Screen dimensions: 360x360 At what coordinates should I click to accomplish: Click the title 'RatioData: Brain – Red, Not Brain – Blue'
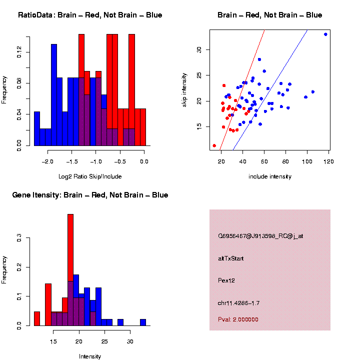(90, 15)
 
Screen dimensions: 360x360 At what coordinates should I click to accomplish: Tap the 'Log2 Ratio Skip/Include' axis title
(90, 176)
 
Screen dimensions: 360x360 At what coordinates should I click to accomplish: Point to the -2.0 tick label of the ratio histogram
(48, 161)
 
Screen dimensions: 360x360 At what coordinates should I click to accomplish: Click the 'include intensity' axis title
(270, 176)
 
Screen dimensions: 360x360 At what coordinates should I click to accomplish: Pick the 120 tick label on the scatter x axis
(329, 161)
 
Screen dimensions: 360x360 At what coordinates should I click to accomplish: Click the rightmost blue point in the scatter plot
(325, 34)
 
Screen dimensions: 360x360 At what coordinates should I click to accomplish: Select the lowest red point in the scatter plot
(214, 145)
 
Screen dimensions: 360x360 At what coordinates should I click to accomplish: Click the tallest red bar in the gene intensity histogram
(70, 250)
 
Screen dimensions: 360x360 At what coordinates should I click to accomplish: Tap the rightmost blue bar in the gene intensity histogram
(143, 322)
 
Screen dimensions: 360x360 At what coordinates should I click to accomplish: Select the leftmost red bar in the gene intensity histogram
(37, 318)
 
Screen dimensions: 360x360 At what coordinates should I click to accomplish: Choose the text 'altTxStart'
(231, 258)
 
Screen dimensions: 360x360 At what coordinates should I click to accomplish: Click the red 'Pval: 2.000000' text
(238, 319)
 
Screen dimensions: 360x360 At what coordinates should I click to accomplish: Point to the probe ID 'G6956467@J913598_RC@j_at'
(260, 236)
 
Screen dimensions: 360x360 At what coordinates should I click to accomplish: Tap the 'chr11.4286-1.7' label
(239, 303)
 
